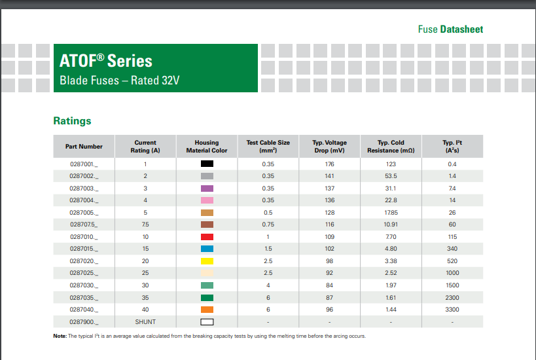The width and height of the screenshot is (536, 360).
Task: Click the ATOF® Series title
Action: point(106,61)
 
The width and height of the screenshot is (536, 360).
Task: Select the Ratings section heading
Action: point(72,121)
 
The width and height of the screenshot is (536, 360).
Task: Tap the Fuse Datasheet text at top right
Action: point(450,29)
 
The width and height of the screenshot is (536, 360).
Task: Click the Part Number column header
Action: point(84,146)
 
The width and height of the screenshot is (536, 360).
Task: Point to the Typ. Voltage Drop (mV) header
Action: point(329,146)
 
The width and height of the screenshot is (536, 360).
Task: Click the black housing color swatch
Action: point(207,164)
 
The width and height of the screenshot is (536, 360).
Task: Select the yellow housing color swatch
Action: point(207,261)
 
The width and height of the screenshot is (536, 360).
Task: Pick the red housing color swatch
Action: point(207,237)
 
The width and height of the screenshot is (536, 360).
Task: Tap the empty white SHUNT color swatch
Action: point(207,322)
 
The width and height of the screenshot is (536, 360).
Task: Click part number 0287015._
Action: point(84,249)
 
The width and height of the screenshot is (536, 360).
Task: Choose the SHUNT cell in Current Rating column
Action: point(145,322)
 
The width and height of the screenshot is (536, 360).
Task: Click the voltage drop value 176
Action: point(329,164)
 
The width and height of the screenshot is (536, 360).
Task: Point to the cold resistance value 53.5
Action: point(391,176)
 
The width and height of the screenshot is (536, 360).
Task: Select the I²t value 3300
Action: point(452,310)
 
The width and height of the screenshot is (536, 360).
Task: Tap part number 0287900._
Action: point(84,322)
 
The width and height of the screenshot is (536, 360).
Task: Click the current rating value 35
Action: point(145,298)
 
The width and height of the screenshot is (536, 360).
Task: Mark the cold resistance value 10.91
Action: point(391,225)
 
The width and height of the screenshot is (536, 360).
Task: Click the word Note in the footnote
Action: point(60,336)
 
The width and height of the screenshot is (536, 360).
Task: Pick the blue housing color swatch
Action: point(207,249)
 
